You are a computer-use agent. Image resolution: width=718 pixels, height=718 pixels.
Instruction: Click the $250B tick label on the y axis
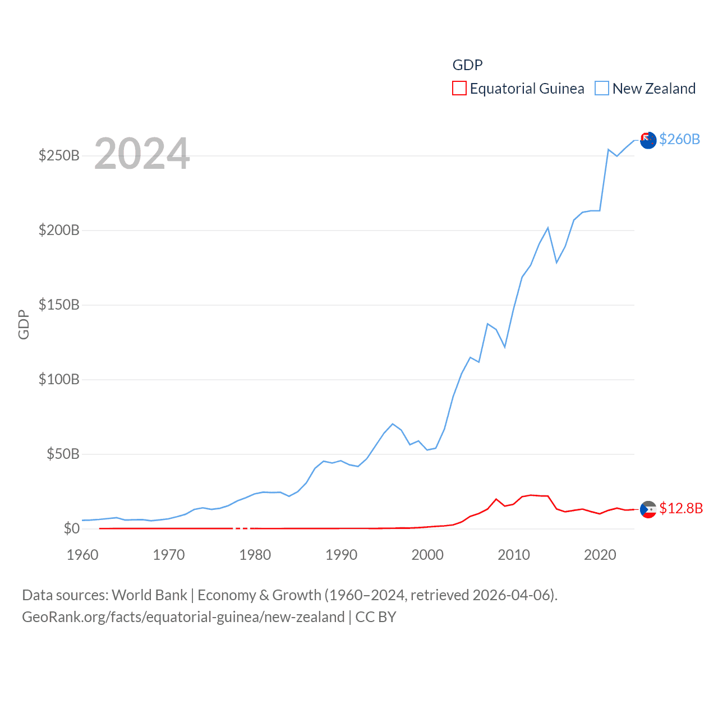(59, 155)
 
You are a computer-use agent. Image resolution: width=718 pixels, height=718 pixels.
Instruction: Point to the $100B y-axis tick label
(59, 379)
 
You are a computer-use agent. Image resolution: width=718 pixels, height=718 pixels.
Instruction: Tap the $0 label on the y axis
(71, 528)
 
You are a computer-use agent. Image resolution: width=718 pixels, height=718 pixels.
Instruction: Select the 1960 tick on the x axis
(82, 555)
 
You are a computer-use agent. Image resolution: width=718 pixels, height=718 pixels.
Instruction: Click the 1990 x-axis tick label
(341, 555)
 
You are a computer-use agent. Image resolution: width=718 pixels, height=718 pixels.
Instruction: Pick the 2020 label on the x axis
(600, 555)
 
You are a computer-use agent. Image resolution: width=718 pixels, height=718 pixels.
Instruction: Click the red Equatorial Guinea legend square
(459, 89)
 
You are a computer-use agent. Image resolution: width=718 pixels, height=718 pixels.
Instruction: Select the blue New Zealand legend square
(602, 89)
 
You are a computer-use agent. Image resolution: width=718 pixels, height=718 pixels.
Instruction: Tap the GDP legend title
(467, 65)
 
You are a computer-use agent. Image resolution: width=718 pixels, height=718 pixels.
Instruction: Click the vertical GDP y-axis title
(24, 324)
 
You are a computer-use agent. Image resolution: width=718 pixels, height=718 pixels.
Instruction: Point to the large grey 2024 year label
(142, 154)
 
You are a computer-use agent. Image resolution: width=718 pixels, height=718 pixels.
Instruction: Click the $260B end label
(679, 139)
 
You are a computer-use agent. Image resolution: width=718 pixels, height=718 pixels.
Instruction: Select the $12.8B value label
(681, 508)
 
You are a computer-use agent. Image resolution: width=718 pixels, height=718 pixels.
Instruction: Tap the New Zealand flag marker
(648, 141)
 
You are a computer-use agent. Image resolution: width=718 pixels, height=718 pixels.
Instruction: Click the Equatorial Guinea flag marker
(648, 509)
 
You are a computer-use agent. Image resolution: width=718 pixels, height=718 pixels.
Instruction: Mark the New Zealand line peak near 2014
(548, 228)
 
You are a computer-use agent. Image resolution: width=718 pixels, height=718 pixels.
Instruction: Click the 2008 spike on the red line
(496, 499)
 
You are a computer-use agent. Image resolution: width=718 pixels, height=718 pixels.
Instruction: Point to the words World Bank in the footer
(149, 595)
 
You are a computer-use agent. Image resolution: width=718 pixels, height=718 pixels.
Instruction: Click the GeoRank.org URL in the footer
(183, 617)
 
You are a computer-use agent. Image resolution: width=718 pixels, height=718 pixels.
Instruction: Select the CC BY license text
(376, 617)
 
